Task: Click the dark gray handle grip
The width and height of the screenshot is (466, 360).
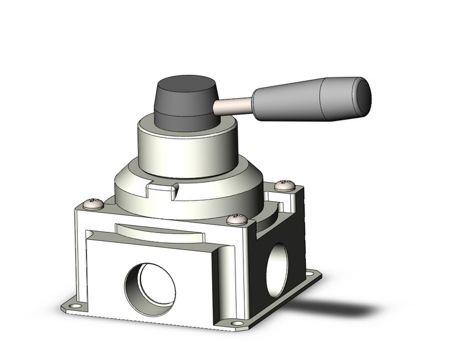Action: coord(310,100)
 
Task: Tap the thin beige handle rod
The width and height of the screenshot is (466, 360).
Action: coord(233,107)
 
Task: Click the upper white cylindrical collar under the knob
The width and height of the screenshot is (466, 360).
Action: coord(187,153)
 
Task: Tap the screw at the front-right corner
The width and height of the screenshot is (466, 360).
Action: coord(237,218)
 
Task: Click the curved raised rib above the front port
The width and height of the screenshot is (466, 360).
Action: coord(159,234)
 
